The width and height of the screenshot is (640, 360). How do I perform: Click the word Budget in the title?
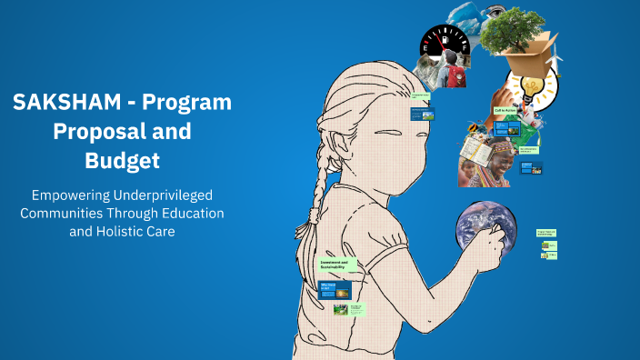click(x=122, y=161)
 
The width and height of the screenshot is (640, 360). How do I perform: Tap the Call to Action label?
click(x=505, y=110)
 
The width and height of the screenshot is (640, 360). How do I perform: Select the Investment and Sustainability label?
click(x=337, y=265)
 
